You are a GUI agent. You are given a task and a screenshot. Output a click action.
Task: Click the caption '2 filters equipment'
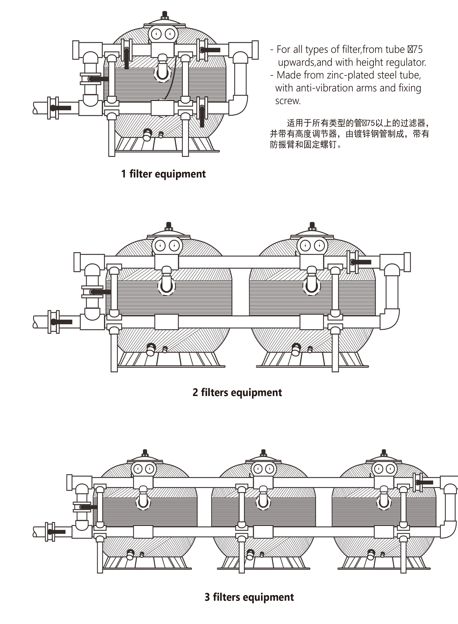(237, 393)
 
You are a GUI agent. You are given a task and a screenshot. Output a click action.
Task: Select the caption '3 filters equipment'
(249, 597)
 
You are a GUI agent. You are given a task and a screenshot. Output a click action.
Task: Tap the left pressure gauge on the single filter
(157, 34)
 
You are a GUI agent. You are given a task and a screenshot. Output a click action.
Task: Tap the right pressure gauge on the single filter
(169, 34)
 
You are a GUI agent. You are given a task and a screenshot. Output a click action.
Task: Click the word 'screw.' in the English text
(288, 101)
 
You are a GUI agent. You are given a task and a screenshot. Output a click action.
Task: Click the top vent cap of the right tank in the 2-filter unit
(312, 225)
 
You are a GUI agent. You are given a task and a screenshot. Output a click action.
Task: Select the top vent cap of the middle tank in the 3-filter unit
(263, 453)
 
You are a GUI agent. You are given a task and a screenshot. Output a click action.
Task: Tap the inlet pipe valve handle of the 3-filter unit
(57, 532)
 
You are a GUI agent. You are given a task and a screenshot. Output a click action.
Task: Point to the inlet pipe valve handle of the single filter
(62, 108)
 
